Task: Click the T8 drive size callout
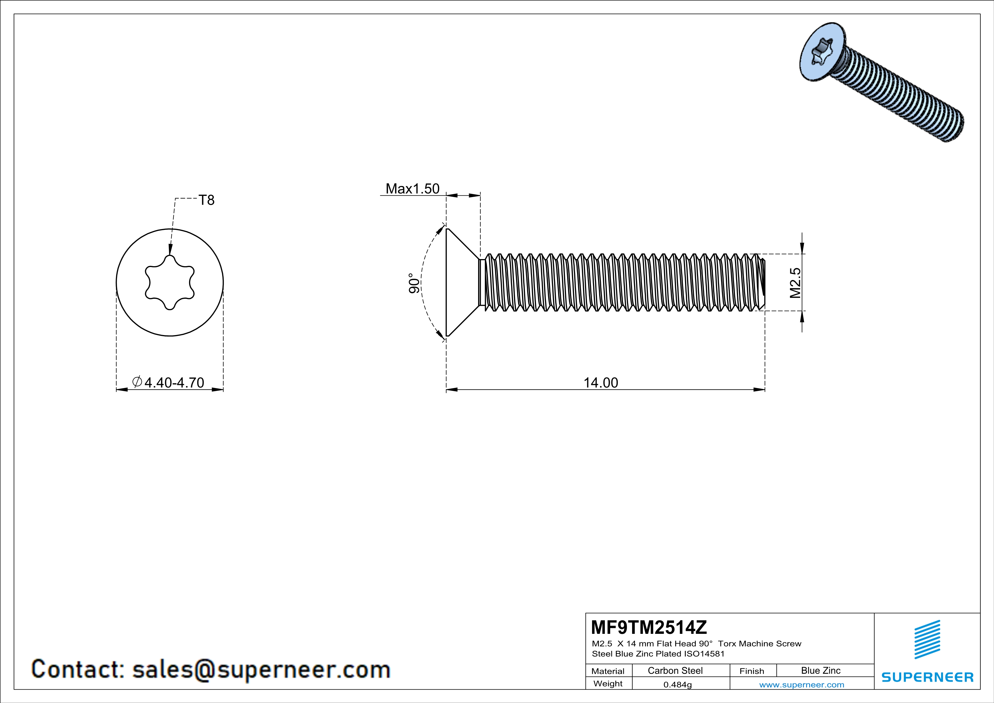(x=207, y=200)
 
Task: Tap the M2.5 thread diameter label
(x=795, y=283)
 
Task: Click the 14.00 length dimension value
(x=601, y=383)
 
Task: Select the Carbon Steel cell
(x=675, y=670)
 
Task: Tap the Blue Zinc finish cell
(x=820, y=670)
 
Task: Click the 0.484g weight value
(x=677, y=684)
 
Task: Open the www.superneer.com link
(x=801, y=684)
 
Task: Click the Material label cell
(x=608, y=671)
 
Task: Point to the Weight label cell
(x=608, y=683)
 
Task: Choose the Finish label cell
(x=752, y=671)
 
